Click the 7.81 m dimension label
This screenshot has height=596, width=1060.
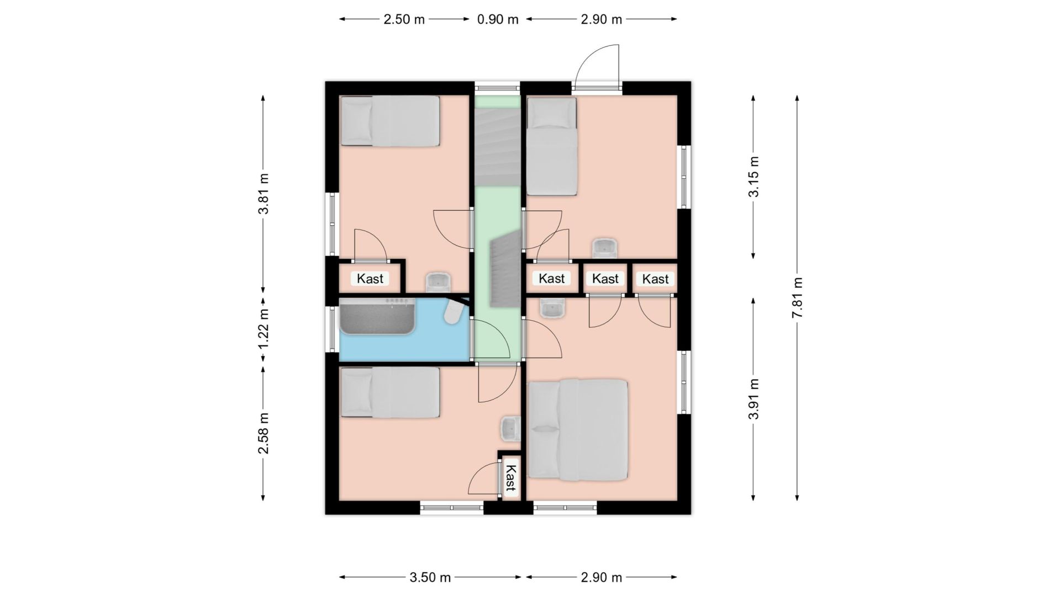tap(797, 297)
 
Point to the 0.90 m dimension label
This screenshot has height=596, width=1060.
tap(498, 19)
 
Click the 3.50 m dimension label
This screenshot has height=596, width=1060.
tap(430, 578)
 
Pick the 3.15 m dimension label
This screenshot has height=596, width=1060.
tap(753, 177)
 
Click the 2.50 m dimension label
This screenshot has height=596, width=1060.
tap(404, 19)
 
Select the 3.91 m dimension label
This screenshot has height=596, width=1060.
tap(753, 399)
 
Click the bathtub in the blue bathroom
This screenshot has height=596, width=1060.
tap(377, 316)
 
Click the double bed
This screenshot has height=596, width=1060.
tap(578, 429)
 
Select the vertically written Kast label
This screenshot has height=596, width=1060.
tap(511, 478)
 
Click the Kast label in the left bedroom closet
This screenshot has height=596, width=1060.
tap(370, 279)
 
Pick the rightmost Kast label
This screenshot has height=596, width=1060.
tap(656, 279)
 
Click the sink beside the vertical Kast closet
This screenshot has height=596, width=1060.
tap(511, 429)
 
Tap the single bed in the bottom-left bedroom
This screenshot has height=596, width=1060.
tap(390, 392)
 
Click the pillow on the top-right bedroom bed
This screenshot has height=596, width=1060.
tap(551, 114)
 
